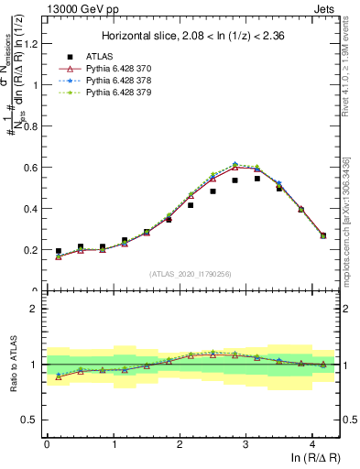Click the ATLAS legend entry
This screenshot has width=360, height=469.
point(100,56)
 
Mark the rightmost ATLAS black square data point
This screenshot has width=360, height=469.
point(322,235)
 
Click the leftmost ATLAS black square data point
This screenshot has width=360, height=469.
point(59,251)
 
